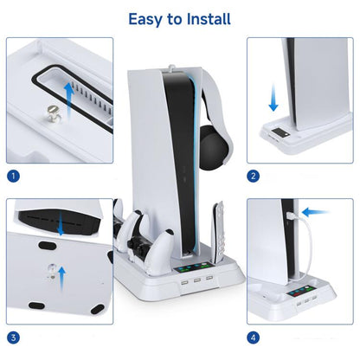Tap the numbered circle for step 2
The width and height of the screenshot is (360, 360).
point(254,176)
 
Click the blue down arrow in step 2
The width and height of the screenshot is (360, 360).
point(273,96)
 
